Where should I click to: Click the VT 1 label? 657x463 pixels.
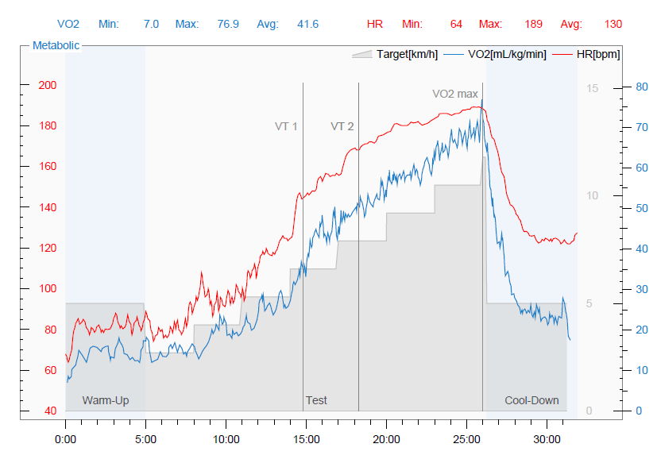coord(286,126)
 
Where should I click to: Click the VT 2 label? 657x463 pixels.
coord(342,126)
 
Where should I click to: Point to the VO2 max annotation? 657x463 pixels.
coord(455,94)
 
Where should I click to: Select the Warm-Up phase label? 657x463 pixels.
coord(106,400)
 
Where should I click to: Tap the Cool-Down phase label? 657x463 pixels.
coord(531,400)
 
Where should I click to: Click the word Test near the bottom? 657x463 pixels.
coord(316,400)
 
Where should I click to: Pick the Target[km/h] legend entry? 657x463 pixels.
coord(407,54)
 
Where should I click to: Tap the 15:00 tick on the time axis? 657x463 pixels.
coord(307,438)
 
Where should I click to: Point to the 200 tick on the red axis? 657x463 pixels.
coord(48,85)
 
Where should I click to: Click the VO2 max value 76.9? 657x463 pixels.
coord(228,25)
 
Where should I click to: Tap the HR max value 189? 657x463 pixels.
coord(533,25)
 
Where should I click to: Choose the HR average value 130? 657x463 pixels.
coord(613,25)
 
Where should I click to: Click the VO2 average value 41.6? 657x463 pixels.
coord(307,25)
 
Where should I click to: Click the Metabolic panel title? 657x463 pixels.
coord(56,45)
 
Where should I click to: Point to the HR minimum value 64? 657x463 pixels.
coord(456,25)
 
